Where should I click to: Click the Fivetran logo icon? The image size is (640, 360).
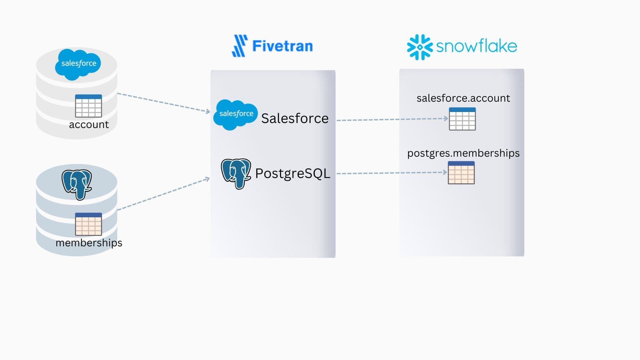[x=240, y=46]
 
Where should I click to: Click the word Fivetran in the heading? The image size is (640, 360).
[x=282, y=46]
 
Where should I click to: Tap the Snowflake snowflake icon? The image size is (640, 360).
[x=420, y=47]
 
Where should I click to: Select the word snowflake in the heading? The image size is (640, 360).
[x=476, y=46]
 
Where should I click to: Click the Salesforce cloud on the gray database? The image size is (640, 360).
[x=78, y=64]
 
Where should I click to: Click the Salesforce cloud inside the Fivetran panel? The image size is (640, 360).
[x=236, y=114]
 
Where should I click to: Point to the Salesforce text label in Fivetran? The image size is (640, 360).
[x=295, y=118]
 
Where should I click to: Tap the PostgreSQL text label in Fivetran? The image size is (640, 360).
[x=292, y=173]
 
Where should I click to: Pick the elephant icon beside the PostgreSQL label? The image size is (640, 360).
[x=236, y=173]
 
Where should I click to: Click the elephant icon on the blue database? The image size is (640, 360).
[x=77, y=184]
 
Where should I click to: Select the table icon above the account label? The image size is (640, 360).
[x=88, y=106]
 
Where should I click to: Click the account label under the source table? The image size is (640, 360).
[x=89, y=125]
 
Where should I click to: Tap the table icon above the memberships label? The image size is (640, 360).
[x=88, y=224]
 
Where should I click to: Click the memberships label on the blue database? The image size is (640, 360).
[x=89, y=243]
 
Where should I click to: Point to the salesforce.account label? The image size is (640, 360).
[x=463, y=98]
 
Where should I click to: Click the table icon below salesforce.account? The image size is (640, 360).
[x=462, y=119]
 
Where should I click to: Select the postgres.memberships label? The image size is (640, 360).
[x=463, y=153]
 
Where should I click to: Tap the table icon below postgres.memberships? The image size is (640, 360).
[x=461, y=173]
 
